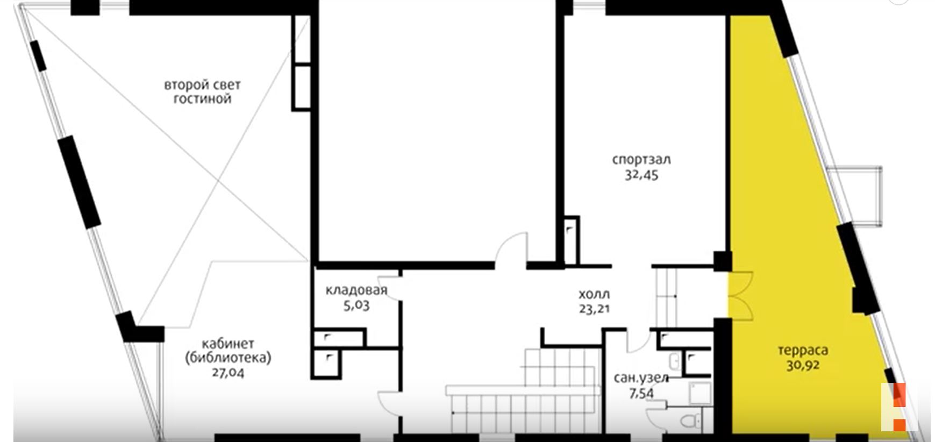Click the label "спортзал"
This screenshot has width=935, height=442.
pyautogui.click(x=641, y=160)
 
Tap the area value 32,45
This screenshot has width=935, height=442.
pyautogui.click(x=641, y=175)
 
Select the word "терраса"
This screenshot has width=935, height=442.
pyautogui.click(x=803, y=351)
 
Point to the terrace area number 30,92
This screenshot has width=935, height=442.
pyautogui.click(x=803, y=366)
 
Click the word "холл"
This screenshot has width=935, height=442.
pyautogui.click(x=594, y=295)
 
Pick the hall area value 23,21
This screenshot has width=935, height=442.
pyautogui.click(x=594, y=309)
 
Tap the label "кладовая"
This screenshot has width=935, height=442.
pyautogui.click(x=356, y=290)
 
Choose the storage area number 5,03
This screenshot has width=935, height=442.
pyautogui.click(x=356, y=305)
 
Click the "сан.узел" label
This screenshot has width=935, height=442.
pyautogui.click(x=641, y=378)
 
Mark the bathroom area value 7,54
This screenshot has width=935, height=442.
pyautogui.click(x=641, y=393)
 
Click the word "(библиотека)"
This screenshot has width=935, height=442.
pyautogui.click(x=227, y=358)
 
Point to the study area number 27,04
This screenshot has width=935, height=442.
pyautogui.click(x=227, y=372)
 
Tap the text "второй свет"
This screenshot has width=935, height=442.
pyautogui.click(x=202, y=85)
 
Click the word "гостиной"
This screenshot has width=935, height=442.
pyautogui.click(x=202, y=99)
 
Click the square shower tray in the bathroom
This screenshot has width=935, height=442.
pyautogui.click(x=701, y=394)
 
